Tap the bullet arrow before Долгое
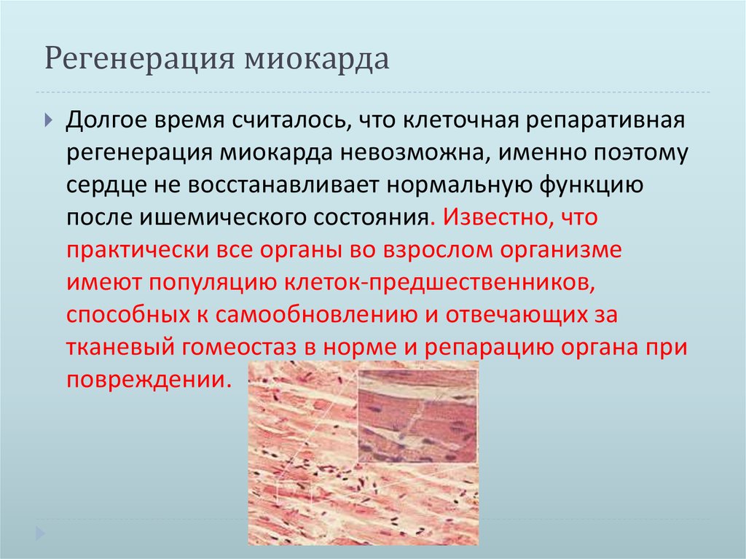48,120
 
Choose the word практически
138,250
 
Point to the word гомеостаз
251,348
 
